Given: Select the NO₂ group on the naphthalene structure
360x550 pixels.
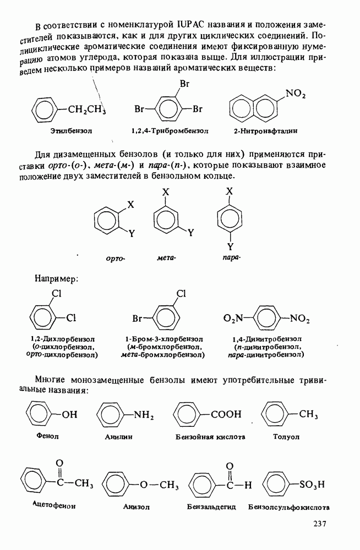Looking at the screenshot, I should click(296, 94).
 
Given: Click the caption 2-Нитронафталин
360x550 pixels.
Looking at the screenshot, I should click(265, 131).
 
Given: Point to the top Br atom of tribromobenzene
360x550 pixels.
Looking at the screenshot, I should click(185, 84).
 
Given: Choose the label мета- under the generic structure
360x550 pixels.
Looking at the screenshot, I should click(166, 257).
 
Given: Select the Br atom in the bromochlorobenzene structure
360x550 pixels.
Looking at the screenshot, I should click(138, 318).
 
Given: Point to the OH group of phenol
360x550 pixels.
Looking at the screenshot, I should click(69, 415).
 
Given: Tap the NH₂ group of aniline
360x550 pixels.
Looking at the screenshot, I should click(143, 415).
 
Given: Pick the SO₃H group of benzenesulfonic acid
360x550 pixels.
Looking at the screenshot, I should click(312, 485).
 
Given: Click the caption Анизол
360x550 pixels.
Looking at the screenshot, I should click(136, 507).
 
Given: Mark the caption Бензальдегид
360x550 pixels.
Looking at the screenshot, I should click(211, 507).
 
